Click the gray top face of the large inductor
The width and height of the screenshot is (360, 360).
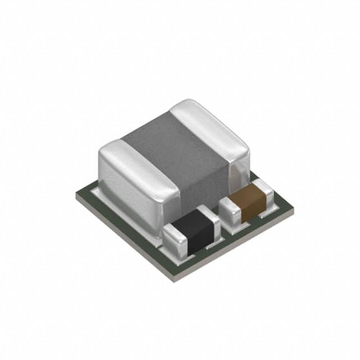pyautogui.click(x=169, y=141)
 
